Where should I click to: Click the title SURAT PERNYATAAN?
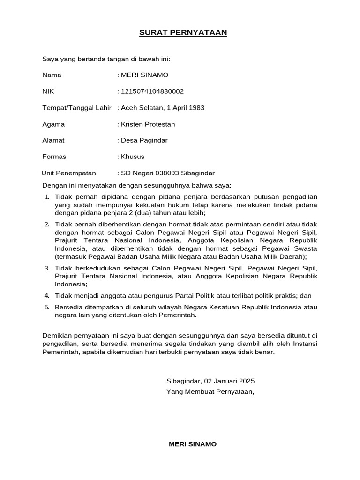[183, 33]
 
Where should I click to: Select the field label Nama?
[52, 75]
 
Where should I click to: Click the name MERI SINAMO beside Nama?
[144, 75]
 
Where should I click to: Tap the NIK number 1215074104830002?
[152, 91]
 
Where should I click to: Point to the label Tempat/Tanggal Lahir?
[76, 108]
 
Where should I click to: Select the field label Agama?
[53, 124]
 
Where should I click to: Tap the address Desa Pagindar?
[144, 140]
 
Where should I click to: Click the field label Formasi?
[55, 157]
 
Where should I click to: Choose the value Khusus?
[133, 157]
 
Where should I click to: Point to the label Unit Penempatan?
[69, 173]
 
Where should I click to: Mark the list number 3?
[47, 268]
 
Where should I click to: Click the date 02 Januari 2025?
[228, 381]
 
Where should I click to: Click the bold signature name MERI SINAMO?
[193, 444]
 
